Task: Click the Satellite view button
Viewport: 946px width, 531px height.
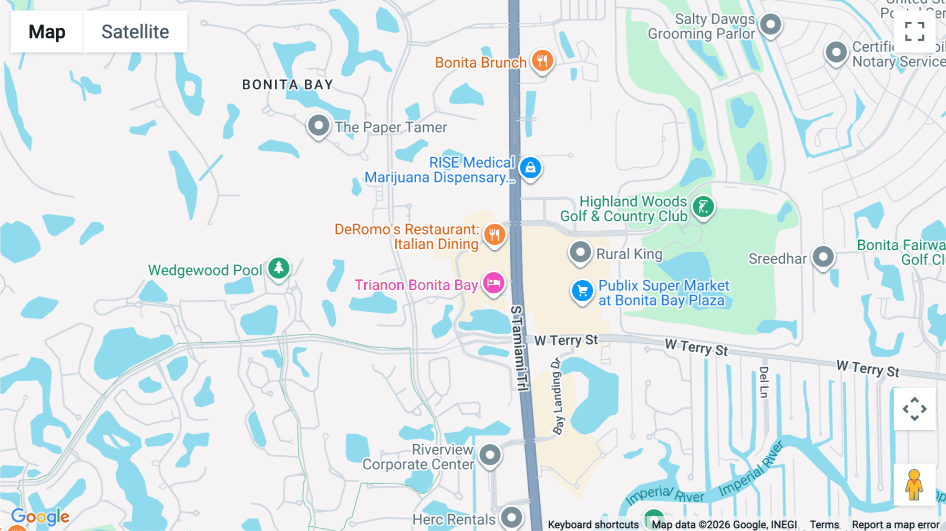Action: (x=135, y=32)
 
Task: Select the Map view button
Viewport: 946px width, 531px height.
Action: (x=47, y=32)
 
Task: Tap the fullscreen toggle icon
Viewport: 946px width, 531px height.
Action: (x=914, y=32)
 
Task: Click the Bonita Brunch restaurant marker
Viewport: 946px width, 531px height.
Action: (x=542, y=60)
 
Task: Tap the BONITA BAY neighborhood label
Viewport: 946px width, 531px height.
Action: (x=287, y=85)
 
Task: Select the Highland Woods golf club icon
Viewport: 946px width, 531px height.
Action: (x=703, y=207)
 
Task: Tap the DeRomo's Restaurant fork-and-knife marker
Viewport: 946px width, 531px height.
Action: (x=494, y=234)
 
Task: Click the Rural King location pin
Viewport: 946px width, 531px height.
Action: (x=580, y=252)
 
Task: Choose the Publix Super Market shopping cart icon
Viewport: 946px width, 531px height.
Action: (x=582, y=291)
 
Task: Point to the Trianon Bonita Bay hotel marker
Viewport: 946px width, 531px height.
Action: (x=493, y=283)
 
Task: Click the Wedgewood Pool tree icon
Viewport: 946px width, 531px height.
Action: (x=279, y=268)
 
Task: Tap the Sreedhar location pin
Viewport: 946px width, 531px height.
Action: (x=823, y=257)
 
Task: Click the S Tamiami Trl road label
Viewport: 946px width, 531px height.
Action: (x=519, y=348)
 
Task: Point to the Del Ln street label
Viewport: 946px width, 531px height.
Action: (x=764, y=382)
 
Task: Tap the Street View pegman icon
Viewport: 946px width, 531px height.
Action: (x=914, y=485)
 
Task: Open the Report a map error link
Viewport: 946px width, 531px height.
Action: (x=896, y=525)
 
